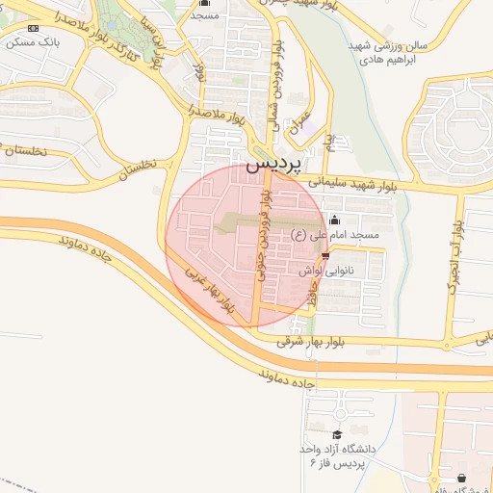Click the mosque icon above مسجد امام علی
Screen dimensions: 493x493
(x=334, y=220)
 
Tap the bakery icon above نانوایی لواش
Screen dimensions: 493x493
(x=325, y=256)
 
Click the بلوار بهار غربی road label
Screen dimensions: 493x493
(x=209, y=290)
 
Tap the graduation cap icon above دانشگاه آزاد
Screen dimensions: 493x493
(x=336, y=435)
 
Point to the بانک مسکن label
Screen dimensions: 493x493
(x=34, y=43)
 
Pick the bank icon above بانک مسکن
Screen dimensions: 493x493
(x=34, y=28)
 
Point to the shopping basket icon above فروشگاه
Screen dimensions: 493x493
(x=462, y=479)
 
